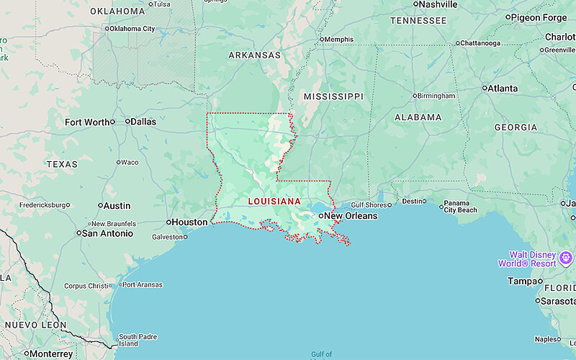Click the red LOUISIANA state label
pos(275,202)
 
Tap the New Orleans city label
pos(351,216)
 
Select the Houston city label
pos(191,222)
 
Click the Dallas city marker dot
pos(127,122)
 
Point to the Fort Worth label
pos(88,122)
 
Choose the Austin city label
pos(117,206)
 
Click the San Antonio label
pos(108,233)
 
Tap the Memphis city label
pos(338,39)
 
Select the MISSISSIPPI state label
pos(333,96)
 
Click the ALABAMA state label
pos(418,117)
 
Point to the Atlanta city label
pos(503,89)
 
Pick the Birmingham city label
pos(437,96)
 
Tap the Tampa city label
pos(523,282)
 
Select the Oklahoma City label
pos(132,29)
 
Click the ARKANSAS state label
pos(254,55)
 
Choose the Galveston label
pos(168,237)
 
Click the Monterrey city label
pos(51,354)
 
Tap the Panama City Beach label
pos(460,207)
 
